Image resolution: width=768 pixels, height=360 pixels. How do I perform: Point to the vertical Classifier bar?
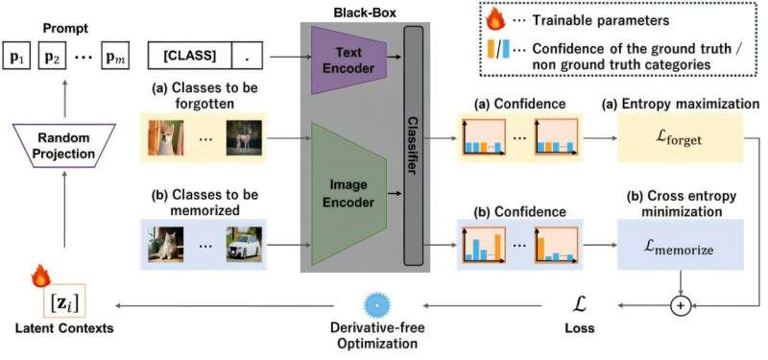click(x=414, y=145)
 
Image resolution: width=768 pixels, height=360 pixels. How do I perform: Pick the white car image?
click(x=246, y=245)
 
